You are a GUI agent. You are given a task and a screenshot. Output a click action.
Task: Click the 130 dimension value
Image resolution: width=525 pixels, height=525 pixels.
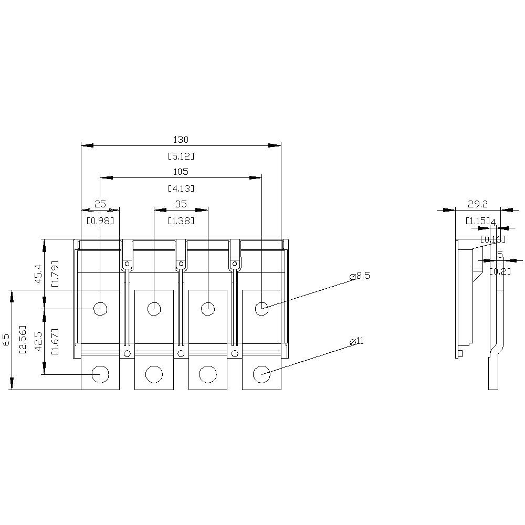tap(181, 140)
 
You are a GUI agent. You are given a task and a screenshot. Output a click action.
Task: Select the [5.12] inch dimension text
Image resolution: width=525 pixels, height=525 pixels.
tap(181, 156)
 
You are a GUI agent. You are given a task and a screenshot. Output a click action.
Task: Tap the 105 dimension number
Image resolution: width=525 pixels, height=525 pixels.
tap(181, 172)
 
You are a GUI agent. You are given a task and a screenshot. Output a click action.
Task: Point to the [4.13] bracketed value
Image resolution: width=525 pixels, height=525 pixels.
tap(181, 188)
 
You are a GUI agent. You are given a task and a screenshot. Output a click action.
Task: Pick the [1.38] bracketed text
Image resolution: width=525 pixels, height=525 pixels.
tap(181, 220)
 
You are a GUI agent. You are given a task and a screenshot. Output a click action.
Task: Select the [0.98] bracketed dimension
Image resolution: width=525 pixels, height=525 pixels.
tap(100, 220)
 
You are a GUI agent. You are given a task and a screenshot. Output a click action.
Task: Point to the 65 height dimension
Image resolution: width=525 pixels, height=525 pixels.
tap(6, 339)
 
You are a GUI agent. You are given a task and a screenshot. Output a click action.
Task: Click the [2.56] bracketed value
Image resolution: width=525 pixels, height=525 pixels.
tap(22, 339)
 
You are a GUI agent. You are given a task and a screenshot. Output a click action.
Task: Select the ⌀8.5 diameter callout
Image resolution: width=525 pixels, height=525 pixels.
tap(360, 276)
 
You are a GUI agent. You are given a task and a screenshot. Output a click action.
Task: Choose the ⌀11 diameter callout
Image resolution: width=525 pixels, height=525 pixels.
tap(356, 341)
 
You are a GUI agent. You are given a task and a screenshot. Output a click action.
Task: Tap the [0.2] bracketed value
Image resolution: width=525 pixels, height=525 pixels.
tap(500, 271)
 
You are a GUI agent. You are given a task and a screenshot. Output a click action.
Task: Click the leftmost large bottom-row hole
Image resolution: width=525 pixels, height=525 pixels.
tap(100, 374)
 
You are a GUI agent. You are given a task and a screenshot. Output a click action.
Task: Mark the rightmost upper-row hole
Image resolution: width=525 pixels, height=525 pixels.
tap(261, 309)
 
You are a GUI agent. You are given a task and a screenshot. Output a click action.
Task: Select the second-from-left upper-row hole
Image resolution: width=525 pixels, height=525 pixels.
tap(154, 309)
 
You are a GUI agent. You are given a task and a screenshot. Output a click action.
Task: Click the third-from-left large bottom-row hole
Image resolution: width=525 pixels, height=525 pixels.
tap(207, 374)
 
